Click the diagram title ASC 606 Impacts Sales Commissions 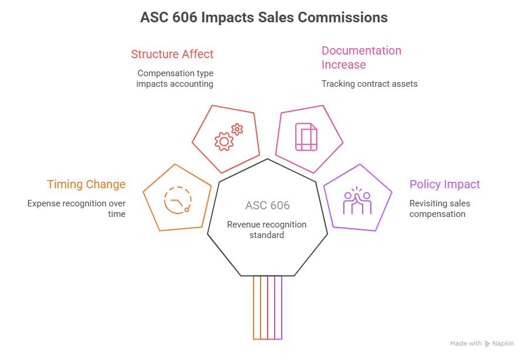tap(263, 18)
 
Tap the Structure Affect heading tap(172, 55)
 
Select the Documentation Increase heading tap(361, 57)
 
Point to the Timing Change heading tap(86, 185)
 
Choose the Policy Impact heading tap(445, 185)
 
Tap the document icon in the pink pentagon tap(306, 137)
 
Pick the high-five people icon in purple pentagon tap(357, 201)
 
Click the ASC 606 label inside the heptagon tap(267, 206)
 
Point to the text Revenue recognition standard tap(267, 230)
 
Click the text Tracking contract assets tap(369, 84)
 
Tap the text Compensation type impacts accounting tap(175, 79)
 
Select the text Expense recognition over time tap(76, 209)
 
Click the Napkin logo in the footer tap(503, 344)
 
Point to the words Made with tap(466, 344)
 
